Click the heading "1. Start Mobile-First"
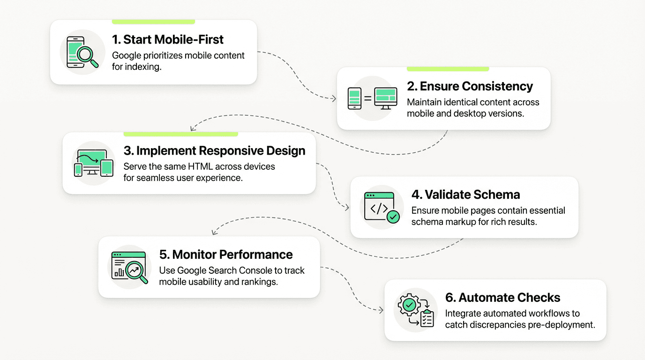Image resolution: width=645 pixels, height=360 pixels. point(167,39)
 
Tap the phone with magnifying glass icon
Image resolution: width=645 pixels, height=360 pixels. point(82,52)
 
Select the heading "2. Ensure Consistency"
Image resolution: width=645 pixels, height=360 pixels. point(470,86)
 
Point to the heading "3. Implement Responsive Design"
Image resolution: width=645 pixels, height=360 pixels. point(214,150)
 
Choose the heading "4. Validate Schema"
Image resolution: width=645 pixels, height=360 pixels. point(465,195)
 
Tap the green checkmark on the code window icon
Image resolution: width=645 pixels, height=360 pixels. point(393,217)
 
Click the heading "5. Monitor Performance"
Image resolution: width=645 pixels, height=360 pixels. point(226,255)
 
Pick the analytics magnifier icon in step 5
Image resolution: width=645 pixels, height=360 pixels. point(129,267)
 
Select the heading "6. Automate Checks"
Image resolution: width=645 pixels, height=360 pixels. point(502,298)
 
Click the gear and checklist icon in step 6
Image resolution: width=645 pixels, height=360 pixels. point(415,310)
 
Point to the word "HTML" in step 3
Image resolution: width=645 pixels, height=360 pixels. point(202,166)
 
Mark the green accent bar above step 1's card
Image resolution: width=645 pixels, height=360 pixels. point(153,22)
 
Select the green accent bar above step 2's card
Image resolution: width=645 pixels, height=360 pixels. point(448,69)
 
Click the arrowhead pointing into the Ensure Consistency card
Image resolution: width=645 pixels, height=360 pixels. point(334,98)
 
